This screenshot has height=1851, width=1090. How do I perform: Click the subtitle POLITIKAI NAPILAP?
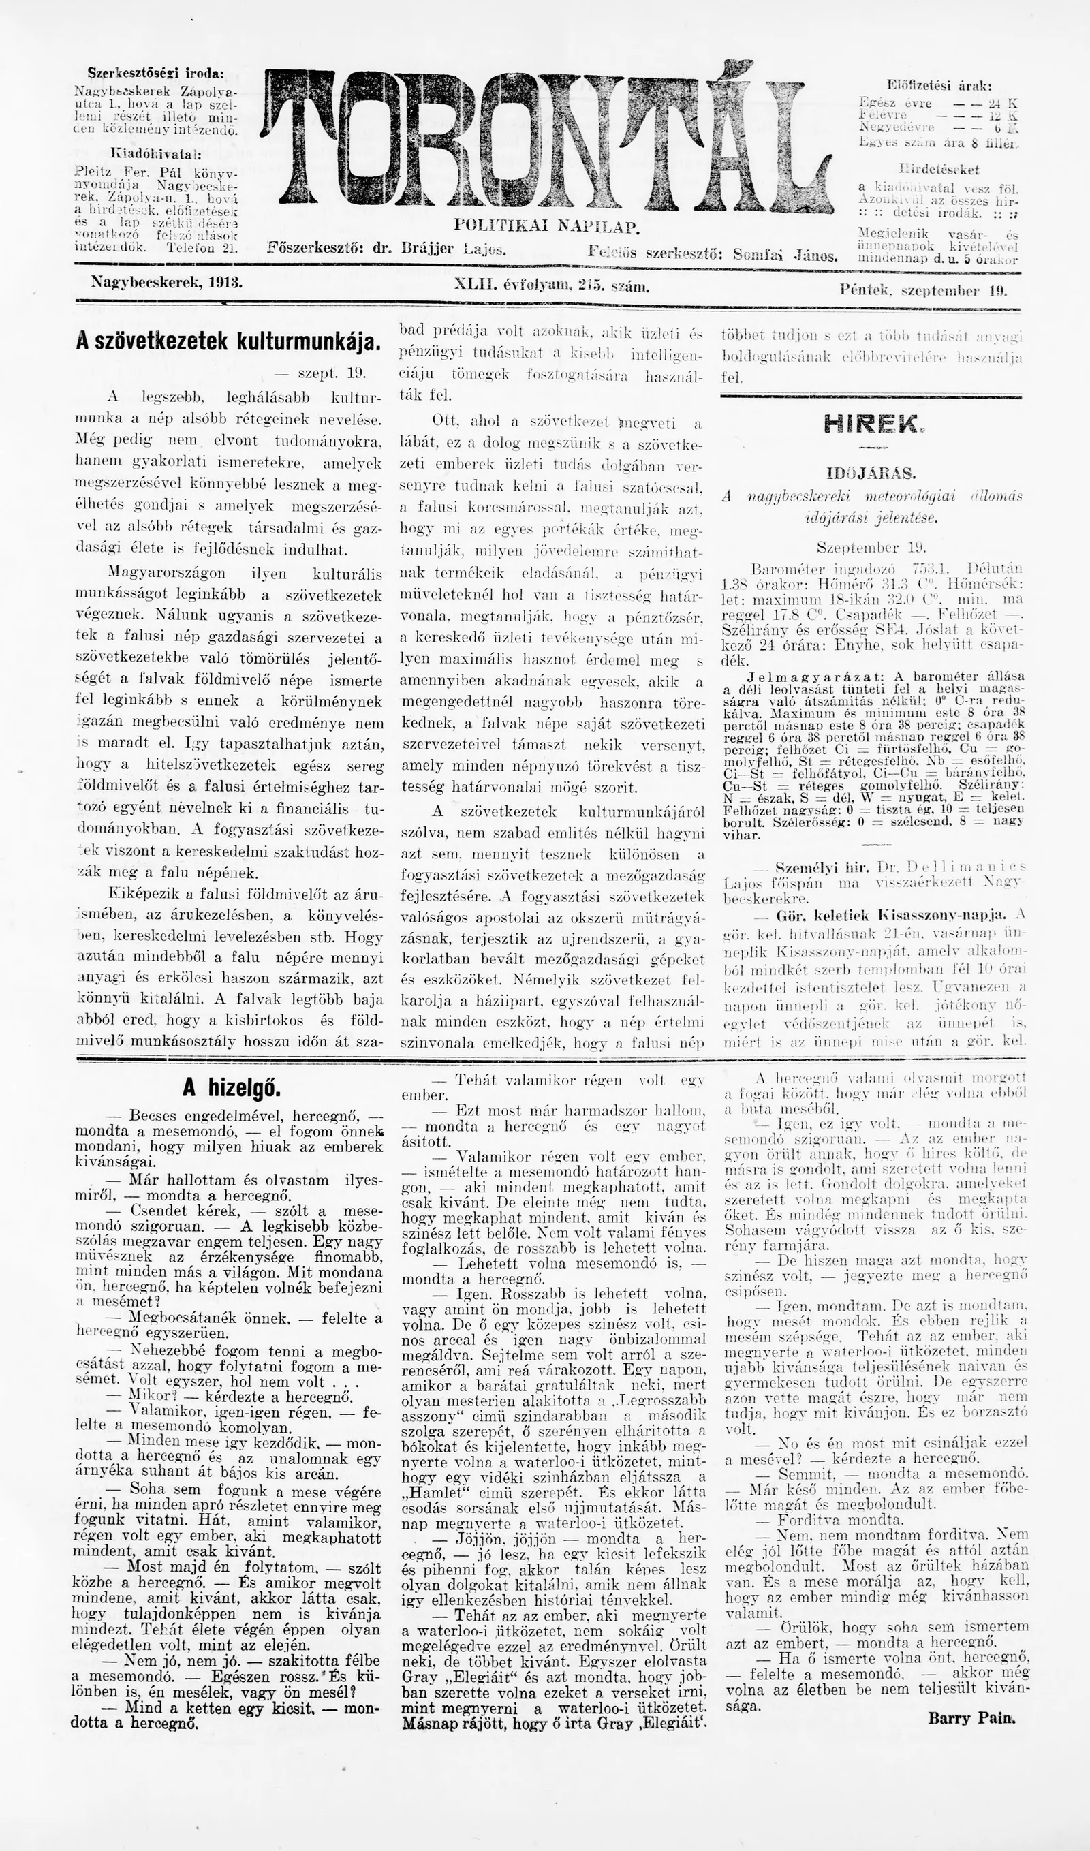coord(547,225)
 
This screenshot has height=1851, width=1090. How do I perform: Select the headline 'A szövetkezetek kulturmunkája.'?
coord(228,342)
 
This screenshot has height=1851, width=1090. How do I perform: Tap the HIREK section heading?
coord(871,424)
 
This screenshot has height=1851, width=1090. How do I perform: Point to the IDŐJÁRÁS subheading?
coord(871,472)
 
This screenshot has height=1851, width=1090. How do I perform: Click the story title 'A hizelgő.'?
coord(232,1088)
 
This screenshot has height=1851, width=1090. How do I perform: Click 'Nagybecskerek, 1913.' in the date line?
coord(167,281)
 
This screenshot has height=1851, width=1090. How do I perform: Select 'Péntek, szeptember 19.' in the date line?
coord(923,290)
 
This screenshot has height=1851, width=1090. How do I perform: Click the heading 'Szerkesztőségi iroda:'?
coord(156,73)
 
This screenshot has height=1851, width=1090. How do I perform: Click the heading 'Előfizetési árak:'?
coord(939,84)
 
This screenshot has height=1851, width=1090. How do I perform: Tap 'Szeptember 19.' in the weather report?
coord(871,548)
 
